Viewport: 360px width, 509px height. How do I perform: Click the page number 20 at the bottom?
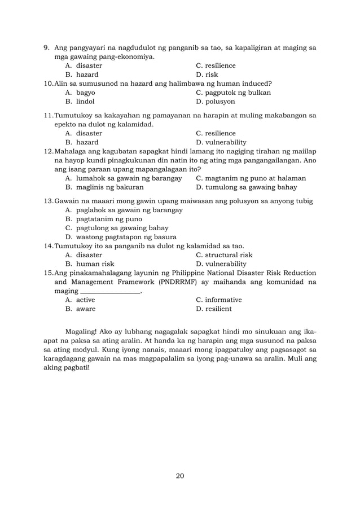coord(180,476)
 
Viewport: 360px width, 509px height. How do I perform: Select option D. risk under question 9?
coord(207,74)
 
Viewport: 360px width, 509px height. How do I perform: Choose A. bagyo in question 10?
coord(80,93)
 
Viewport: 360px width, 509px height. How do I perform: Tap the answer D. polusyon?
coord(216,102)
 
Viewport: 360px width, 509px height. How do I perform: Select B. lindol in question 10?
coord(80,102)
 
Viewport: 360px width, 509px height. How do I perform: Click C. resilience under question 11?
coord(216,133)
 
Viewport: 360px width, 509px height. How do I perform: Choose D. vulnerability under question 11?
coord(221,142)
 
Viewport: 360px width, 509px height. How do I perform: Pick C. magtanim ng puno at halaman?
coord(251,178)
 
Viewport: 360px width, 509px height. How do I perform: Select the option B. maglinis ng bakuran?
coord(104,187)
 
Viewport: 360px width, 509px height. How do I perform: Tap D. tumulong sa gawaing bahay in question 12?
coord(247,187)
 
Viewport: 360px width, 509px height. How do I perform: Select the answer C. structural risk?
coord(223,255)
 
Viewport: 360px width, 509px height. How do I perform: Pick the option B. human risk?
coord(90,264)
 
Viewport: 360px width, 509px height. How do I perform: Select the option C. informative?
coord(218,300)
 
